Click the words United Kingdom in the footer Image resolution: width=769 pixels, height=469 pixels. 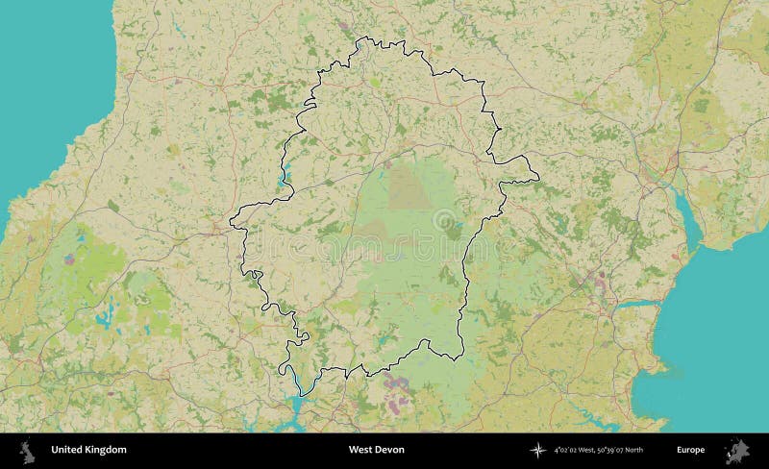pos(88,449)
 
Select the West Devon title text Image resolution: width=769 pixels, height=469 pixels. pos(375,449)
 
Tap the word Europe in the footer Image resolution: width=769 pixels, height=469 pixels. pos(690,449)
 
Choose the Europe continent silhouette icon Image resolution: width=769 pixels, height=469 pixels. pos(739,449)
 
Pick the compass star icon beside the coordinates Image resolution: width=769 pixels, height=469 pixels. pos(537,449)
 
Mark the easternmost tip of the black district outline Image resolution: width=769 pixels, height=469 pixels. pos(538,177)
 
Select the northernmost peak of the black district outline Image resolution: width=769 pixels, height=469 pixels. pos(362,37)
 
